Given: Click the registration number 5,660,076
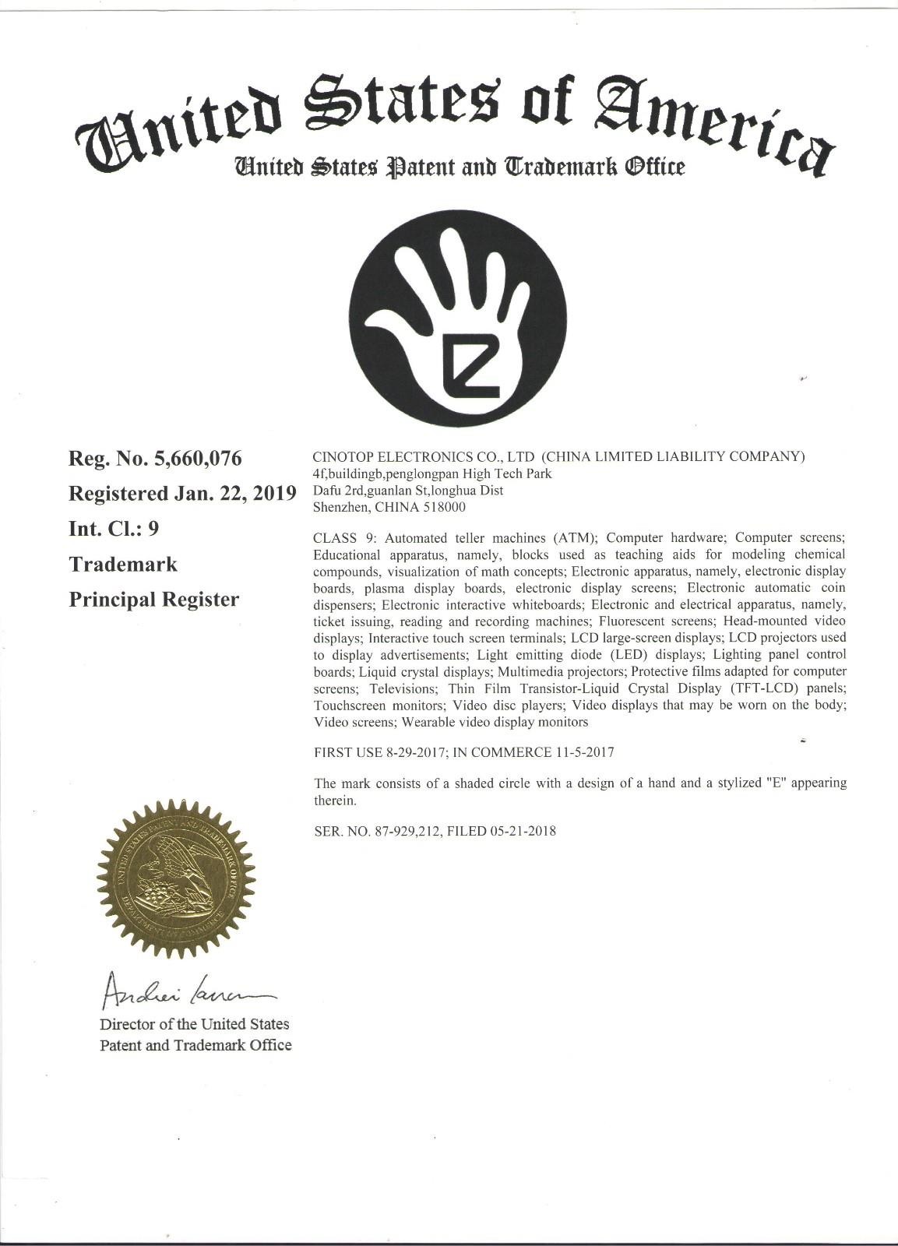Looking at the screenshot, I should pos(199,459).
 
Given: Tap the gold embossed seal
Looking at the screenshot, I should pos(176,878).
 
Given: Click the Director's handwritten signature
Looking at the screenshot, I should pos(182,990).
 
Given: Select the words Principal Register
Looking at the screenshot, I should pos(154,600).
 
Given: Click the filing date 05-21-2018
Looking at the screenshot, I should pos(523,831).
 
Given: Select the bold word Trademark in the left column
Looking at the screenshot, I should pos(123,564).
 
